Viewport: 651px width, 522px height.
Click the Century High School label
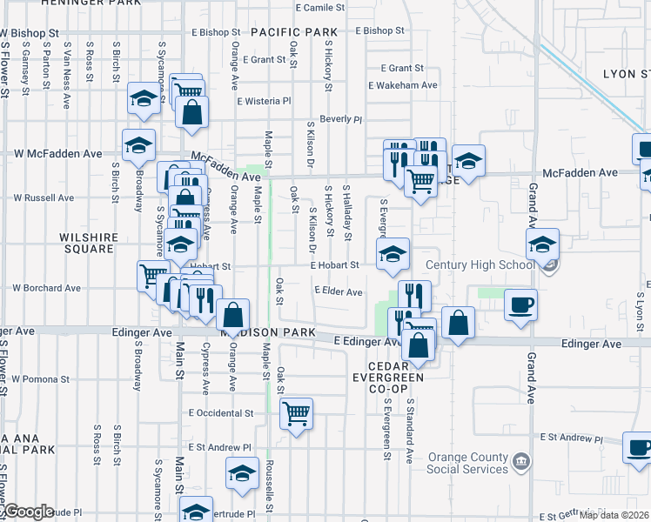point(480,264)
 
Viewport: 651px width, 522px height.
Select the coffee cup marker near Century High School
point(520,305)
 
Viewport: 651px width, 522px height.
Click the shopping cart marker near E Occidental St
point(297,413)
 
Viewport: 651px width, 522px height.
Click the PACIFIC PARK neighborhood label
point(293,32)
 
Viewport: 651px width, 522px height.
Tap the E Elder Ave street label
point(338,292)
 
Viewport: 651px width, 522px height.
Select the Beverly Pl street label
point(340,119)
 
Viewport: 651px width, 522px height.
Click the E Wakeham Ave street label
point(402,85)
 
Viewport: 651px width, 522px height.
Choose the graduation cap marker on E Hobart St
point(393,253)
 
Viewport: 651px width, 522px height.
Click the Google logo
point(29,512)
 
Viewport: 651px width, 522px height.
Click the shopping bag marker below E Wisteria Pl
point(191,113)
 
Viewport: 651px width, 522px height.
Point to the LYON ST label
point(627,74)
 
